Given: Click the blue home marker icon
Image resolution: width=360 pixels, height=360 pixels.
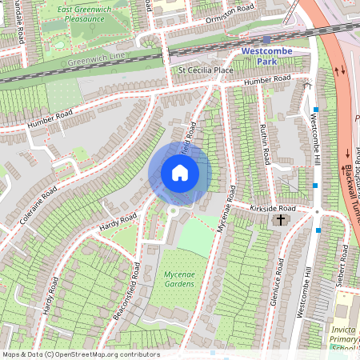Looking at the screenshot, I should [180, 173].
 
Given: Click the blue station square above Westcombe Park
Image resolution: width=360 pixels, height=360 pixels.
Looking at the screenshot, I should [266, 38].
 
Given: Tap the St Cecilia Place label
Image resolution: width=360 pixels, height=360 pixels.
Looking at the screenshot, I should [204, 70].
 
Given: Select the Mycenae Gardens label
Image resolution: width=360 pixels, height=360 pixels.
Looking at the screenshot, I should [174, 278].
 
